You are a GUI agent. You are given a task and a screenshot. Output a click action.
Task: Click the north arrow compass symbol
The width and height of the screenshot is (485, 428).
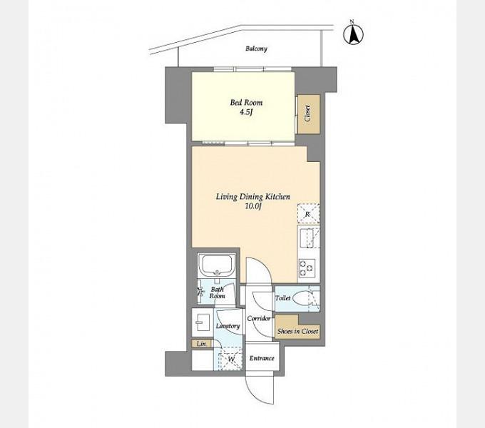(x=353, y=33)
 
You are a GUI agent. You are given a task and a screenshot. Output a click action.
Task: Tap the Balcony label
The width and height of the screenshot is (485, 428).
(x=256, y=49)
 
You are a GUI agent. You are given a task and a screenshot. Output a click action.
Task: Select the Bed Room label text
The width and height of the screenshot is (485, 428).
(x=246, y=102)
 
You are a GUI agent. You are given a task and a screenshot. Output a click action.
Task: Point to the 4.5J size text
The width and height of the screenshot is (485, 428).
(x=246, y=112)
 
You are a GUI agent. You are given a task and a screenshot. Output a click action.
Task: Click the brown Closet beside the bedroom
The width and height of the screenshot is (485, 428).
(x=308, y=114)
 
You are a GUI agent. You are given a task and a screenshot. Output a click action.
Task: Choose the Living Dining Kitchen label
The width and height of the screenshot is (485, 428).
(x=252, y=197)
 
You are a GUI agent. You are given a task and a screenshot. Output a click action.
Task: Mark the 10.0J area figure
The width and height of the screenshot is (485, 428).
(x=253, y=207)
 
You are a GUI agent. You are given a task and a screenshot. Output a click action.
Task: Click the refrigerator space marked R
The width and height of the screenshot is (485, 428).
(x=308, y=214)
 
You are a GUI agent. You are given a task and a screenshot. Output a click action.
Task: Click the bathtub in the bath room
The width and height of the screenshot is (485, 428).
(x=217, y=265)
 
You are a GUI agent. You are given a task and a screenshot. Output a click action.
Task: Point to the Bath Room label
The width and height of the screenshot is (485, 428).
(x=217, y=292)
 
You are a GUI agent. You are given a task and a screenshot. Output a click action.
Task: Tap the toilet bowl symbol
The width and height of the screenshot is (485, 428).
(x=301, y=298)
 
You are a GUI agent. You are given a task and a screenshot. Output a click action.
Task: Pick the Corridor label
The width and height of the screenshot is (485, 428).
(x=259, y=318)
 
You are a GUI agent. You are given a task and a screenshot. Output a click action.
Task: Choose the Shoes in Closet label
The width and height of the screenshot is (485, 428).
(x=297, y=331)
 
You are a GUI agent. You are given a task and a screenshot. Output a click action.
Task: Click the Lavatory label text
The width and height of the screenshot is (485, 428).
(x=228, y=326)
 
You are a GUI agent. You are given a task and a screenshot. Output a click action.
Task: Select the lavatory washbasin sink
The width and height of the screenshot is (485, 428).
(x=203, y=322)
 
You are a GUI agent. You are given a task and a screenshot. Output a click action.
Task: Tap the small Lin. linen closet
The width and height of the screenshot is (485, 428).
(x=201, y=344)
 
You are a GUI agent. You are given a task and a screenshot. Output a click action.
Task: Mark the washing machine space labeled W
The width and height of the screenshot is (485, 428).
(x=231, y=359)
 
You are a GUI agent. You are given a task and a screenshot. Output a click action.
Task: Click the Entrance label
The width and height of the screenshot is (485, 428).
(x=262, y=358)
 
